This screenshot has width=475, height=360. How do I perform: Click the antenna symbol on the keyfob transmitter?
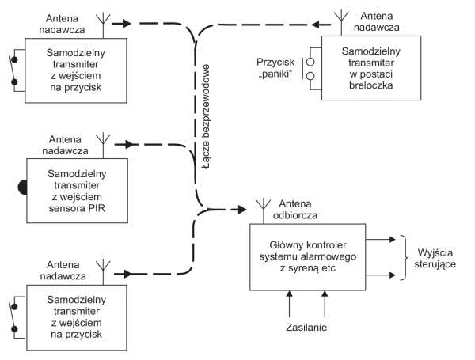tap(341, 17)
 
